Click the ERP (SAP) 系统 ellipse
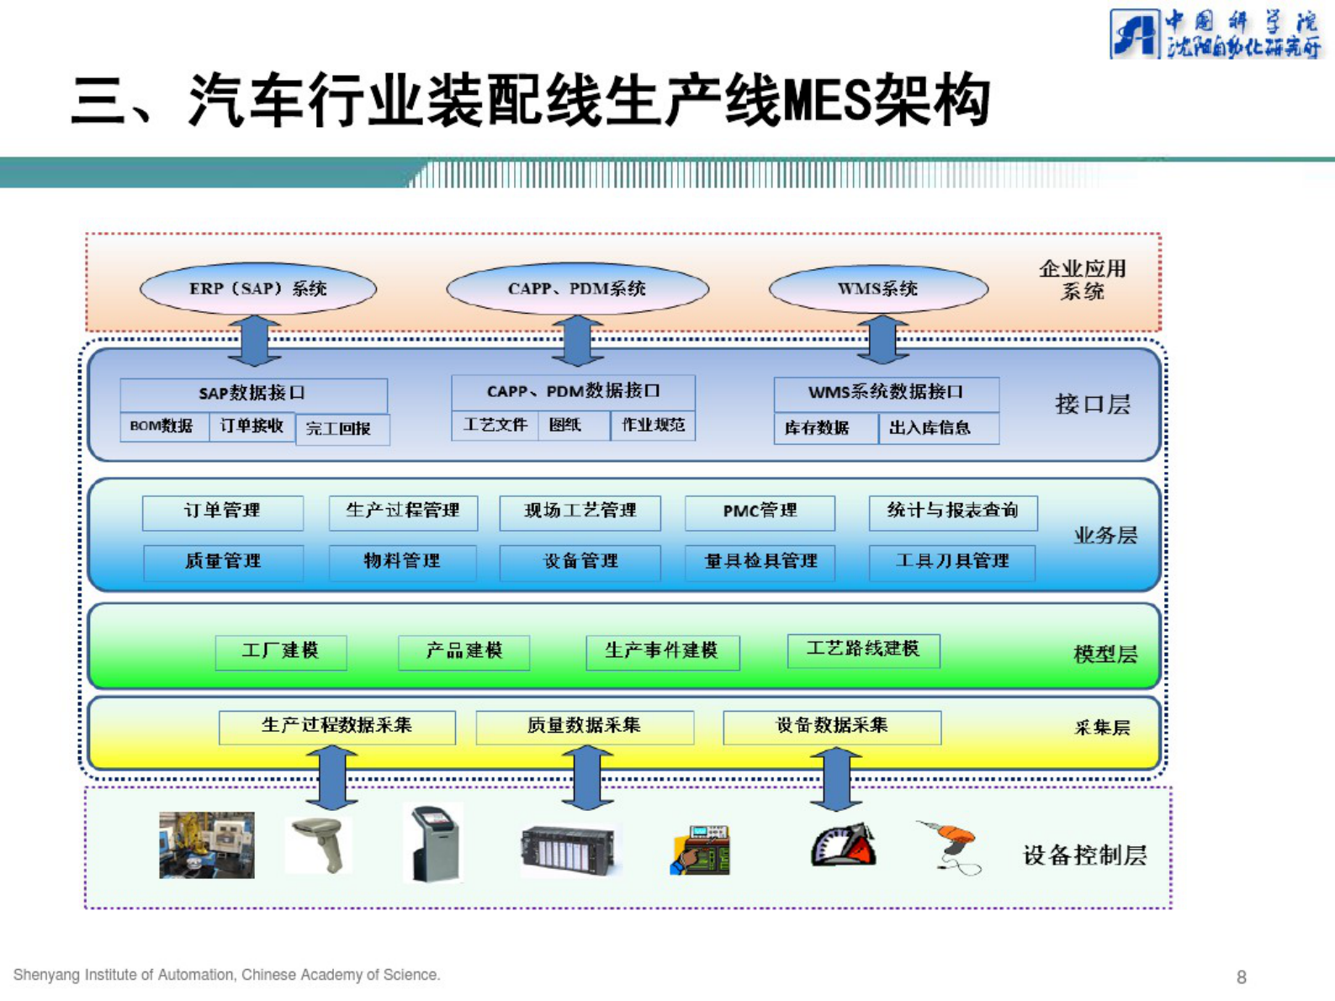[257, 289]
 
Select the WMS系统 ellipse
[878, 289]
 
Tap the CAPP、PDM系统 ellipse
[577, 289]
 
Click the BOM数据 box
[162, 426]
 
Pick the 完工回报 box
[341, 428]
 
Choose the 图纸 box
[566, 425]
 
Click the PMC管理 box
[760, 511]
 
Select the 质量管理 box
[223, 561]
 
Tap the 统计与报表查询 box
[952, 511]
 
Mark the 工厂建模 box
[281, 651]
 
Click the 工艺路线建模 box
[863, 649]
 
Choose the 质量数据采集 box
[585, 726]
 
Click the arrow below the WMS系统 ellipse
[882, 340]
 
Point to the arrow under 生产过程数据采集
[332, 778]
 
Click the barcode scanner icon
[321, 845]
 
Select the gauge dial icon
[843, 846]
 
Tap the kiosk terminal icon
[436, 844]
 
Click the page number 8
[1241, 977]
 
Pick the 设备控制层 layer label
[1084, 855]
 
